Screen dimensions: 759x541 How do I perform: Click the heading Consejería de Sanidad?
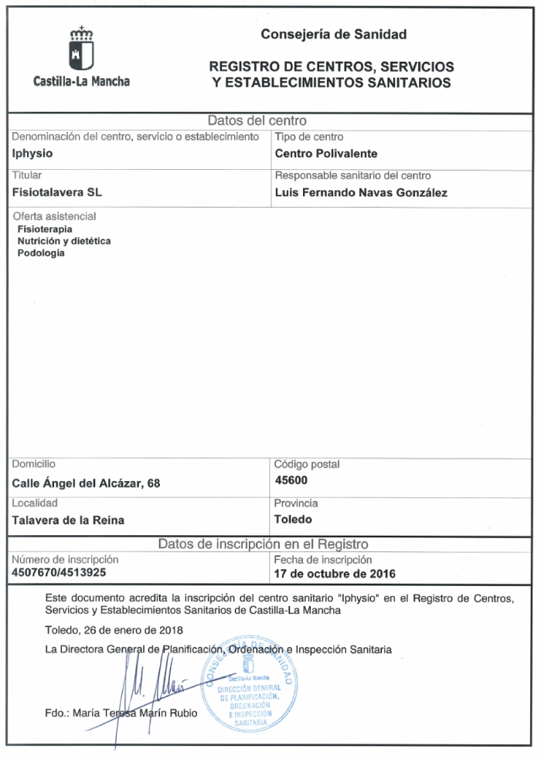tap(333, 34)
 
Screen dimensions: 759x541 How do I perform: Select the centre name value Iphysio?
tap(33, 153)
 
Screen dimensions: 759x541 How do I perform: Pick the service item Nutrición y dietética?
tap(63, 241)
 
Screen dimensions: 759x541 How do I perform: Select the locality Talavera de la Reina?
tap(69, 520)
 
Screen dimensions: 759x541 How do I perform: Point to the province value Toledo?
tap(293, 519)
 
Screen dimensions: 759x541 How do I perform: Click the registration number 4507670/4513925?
tap(60, 573)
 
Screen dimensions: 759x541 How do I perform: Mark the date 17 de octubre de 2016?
tap(335, 574)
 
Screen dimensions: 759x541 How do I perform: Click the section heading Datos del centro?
tap(258, 120)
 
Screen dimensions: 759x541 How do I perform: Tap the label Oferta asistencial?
tap(53, 217)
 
